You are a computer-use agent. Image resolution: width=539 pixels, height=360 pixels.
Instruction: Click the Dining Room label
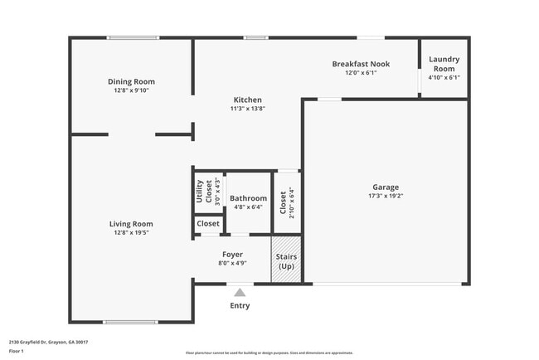click(131, 81)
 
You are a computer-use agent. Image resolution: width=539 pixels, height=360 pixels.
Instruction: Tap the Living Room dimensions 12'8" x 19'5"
click(131, 233)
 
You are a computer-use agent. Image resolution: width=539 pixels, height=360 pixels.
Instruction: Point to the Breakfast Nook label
click(361, 64)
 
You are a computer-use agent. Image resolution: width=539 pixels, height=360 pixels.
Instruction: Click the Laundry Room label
click(444, 64)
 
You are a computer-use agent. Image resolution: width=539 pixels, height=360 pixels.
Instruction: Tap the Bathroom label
click(248, 198)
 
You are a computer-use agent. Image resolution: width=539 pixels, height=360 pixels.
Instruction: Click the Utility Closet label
click(200, 192)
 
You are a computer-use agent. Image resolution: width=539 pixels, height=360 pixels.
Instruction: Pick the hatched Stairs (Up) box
click(286, 261)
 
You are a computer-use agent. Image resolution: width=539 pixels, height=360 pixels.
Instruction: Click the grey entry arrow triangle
click(240, 292)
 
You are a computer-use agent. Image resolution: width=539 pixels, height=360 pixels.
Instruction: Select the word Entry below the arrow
click(240, 305)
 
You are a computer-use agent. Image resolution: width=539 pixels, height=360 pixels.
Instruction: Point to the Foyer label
click(232, 254)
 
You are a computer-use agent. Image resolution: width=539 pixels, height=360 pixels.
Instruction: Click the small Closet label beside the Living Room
click(208, 223)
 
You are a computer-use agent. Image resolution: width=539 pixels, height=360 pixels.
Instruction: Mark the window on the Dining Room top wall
click(133, 37)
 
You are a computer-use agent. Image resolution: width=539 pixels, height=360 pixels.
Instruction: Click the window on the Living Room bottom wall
click(129, 322)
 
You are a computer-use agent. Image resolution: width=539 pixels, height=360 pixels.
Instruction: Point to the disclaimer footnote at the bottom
click(269, 353)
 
